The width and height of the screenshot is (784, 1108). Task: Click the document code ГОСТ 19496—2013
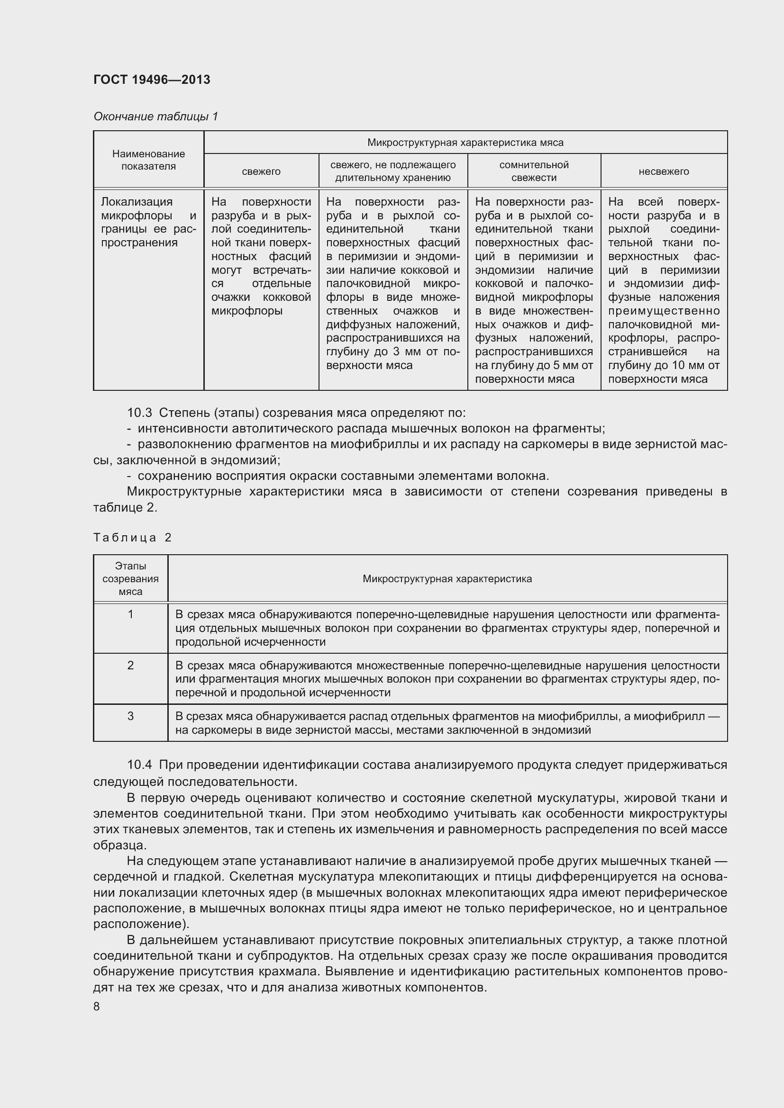152,80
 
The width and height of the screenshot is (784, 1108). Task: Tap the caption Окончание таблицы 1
155,117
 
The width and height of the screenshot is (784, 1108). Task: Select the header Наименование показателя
148,160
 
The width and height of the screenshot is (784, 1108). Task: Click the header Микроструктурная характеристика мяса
465,143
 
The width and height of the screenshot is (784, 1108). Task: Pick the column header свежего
261,171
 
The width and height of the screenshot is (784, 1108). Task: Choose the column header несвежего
663,171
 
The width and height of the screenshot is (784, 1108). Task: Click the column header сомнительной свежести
533,171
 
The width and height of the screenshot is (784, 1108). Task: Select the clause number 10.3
139,413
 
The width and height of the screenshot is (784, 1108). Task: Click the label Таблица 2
133,538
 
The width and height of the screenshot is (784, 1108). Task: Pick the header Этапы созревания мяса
130,578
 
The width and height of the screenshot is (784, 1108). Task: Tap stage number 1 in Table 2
130,614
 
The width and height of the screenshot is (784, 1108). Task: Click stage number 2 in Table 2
130,665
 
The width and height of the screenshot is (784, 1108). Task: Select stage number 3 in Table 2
130,716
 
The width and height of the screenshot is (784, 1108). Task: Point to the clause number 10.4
139,765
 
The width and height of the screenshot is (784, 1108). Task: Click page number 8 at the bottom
97,1007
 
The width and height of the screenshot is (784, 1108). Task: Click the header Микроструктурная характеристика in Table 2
447,578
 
